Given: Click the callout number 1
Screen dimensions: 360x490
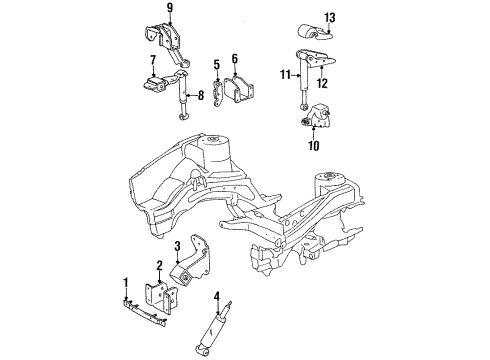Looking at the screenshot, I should [126, 282].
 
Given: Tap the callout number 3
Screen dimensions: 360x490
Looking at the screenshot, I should [177, 247].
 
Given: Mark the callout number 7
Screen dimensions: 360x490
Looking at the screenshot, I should [153, 61].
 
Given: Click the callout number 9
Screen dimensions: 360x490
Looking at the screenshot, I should [169, 9].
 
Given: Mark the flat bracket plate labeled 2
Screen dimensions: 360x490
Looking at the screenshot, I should [156, 297].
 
